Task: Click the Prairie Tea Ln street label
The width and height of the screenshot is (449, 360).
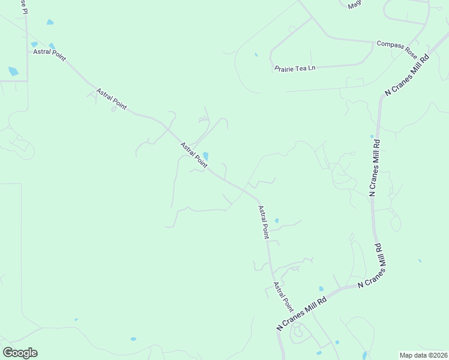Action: pos(295,68)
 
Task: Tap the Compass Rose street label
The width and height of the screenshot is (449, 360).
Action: pos(397,48)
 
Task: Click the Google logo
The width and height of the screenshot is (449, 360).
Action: pos(20,353)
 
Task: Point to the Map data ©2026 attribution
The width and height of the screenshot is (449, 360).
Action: pos(423,355)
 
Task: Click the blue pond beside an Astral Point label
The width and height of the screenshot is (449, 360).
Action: pos(205,157)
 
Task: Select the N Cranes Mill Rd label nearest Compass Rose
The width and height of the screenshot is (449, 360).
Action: pos(408,75)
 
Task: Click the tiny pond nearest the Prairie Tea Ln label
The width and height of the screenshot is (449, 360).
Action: pos(256,55)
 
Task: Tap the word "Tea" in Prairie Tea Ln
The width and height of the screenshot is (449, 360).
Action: pos(298,68)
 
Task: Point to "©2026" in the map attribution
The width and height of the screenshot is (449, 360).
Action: pos(436,355)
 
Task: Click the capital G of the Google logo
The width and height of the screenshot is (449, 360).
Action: pos(8,353)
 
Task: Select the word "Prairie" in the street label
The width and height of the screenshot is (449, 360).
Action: pos(283,68)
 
